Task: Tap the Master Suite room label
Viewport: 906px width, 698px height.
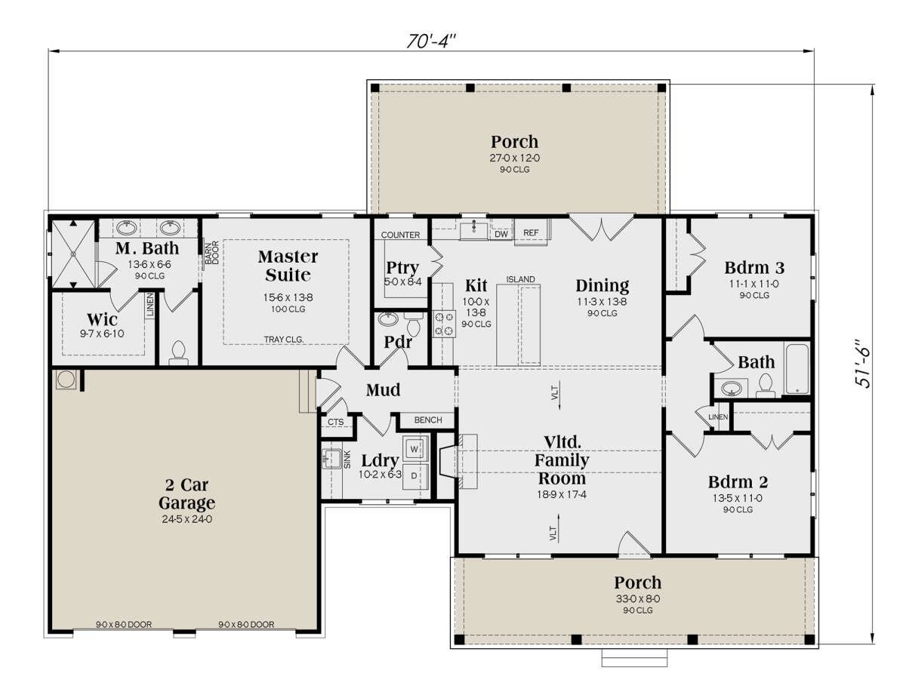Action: [288, 266]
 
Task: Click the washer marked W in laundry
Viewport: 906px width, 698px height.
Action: [414, 449]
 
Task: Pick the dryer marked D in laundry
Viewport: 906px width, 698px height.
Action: [414, 476]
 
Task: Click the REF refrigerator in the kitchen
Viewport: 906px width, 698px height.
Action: [532, 233]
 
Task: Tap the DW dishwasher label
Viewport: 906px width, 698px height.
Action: [501, 235]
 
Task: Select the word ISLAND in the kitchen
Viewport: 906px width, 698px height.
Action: [520, 280]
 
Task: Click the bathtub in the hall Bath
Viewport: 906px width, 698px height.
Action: [798, 369]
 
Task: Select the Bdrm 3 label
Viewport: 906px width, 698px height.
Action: [754, 267]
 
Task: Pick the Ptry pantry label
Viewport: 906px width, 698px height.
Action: [402, 268]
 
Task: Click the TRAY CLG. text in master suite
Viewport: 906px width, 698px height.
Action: [284, 340]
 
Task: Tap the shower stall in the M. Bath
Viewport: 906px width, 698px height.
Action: [72, 254]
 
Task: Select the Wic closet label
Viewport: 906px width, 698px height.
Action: [101, 318]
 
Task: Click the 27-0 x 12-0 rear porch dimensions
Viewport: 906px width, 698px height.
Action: [515, 158]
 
